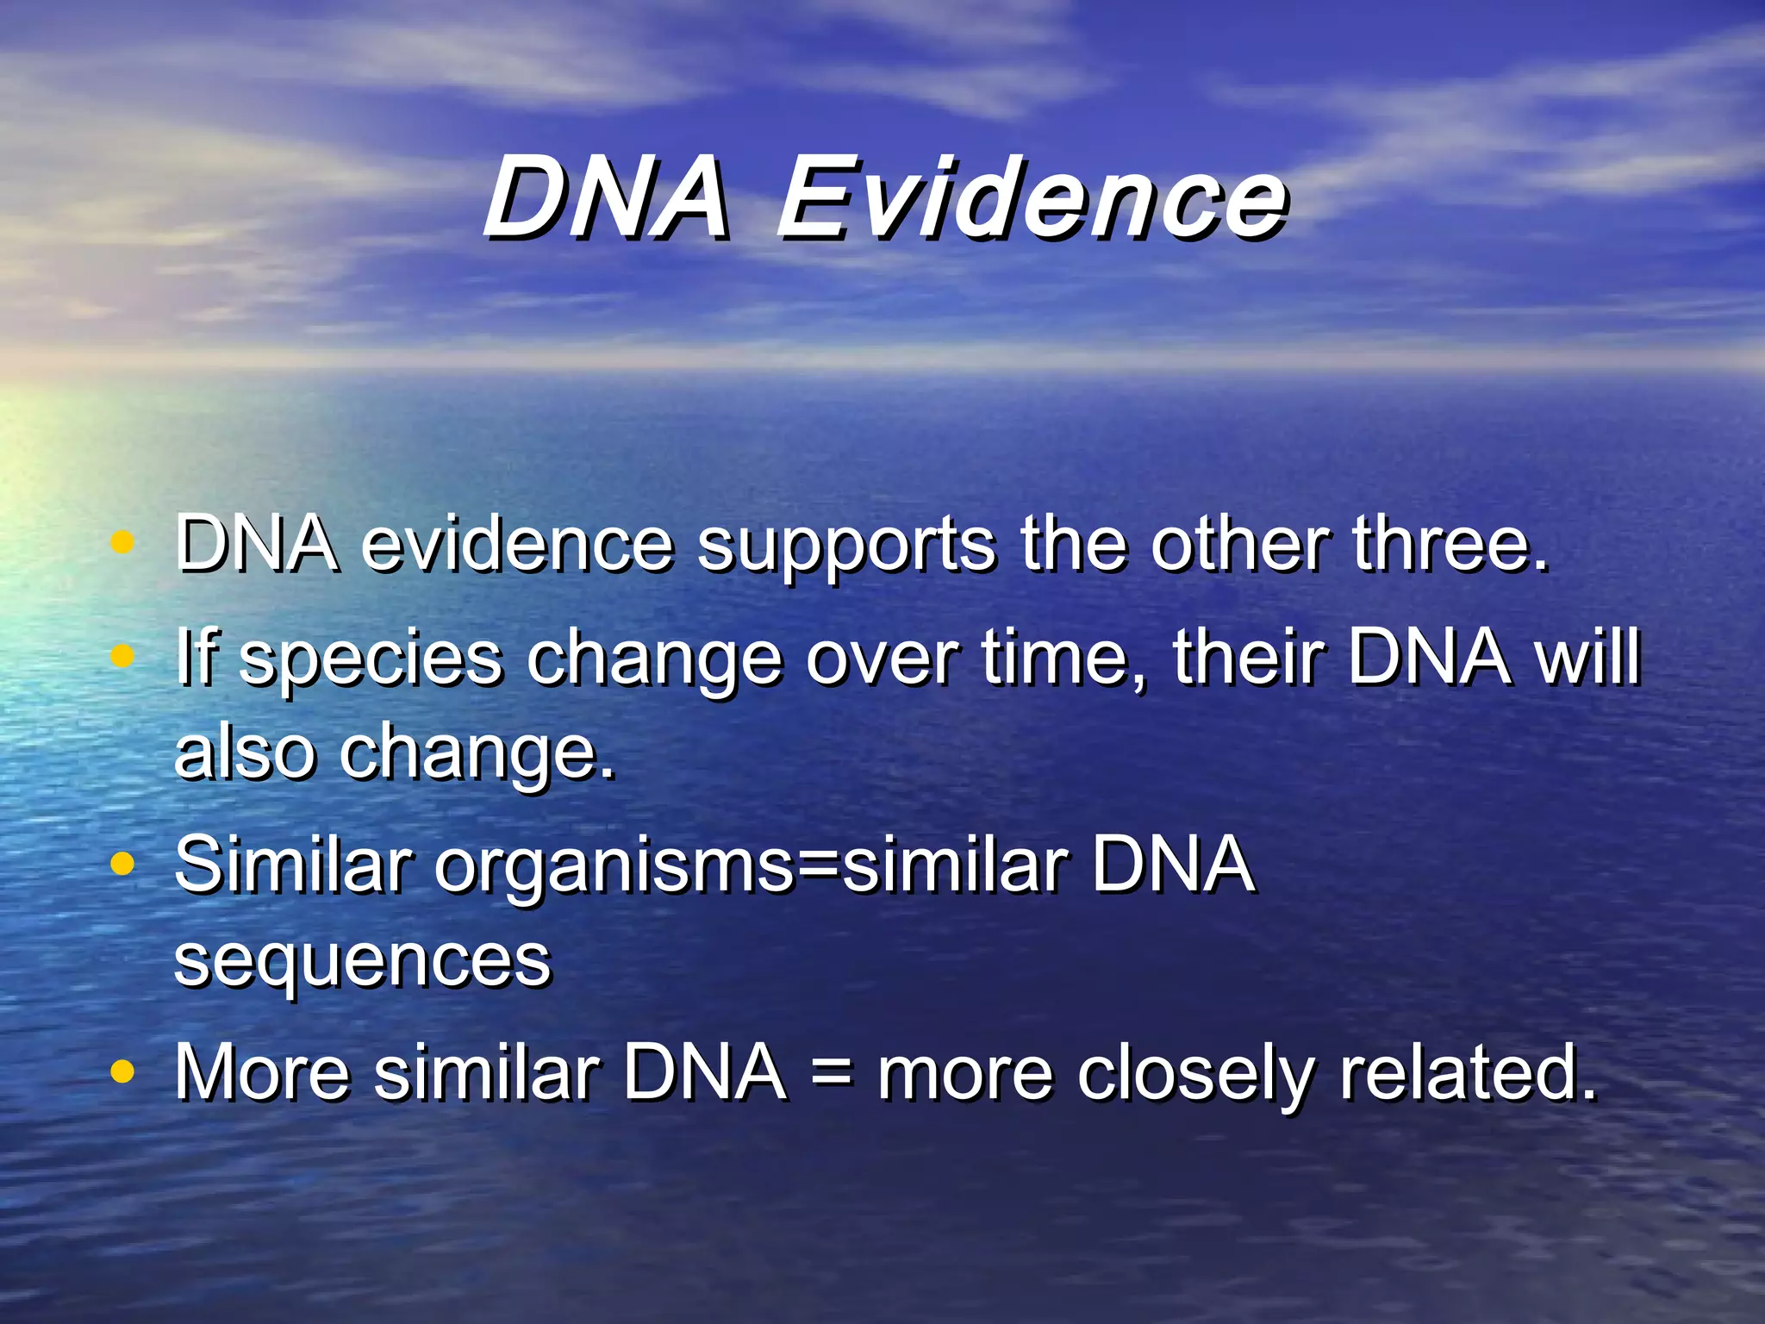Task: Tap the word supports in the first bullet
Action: pyautogui.click(x=846, y=547)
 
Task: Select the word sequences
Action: pyautogui.click(x=362, y=961)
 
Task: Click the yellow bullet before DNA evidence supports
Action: pyautogui.click(x=123, y=543)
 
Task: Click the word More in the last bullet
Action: pyautogui.click(x=262, y=1073)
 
